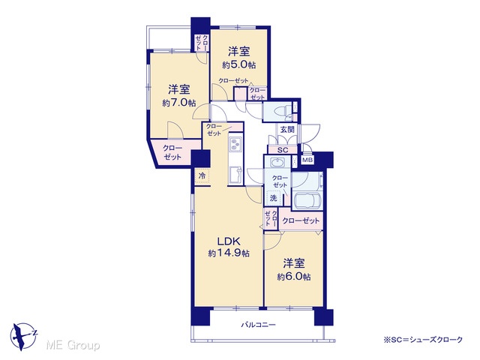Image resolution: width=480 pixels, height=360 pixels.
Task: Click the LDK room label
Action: [x=228, y=241]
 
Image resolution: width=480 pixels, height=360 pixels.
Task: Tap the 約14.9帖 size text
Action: [x=228, y=253]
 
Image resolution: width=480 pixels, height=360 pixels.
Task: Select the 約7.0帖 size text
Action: [x=179, y=103]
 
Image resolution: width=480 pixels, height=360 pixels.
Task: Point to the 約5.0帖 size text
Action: [x=239, y=65]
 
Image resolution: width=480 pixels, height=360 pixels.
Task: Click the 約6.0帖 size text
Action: [x=294, y=277]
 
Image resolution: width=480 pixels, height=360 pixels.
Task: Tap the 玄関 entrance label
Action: [x=287, y=130]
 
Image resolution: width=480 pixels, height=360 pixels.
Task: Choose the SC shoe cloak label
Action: [x=283, y=150]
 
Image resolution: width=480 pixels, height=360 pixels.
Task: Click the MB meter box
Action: [x=307, y=160]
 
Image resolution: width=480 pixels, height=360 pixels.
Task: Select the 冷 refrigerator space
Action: [x=202, y=176]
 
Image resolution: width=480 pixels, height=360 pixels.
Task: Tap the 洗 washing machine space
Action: [x=273, y=198]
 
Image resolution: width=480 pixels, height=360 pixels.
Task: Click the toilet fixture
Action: [x=282, y=110]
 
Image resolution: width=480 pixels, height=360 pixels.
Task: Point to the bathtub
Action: [x=307, y=201]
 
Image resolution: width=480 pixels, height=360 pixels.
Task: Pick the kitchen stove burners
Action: [x=235, y=144]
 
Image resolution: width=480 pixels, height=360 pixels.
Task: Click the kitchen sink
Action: [x=235, y=175]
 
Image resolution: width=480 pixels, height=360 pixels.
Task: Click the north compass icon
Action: [x=23, y=336]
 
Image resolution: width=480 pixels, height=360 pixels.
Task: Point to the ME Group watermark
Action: [x=73, y=345]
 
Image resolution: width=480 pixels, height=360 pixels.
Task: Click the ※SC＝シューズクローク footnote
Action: [x=423, y=340]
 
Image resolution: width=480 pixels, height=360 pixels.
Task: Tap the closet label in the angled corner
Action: [x=172, y=152]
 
